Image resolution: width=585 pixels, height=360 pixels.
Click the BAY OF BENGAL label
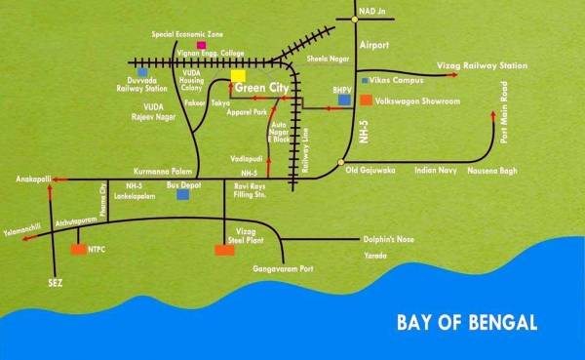467,323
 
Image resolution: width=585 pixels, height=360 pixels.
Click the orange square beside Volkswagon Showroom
365,100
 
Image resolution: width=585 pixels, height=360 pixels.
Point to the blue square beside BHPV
342,101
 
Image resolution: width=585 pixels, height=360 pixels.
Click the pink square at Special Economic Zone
201,45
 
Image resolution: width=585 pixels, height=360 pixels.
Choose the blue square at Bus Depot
182,195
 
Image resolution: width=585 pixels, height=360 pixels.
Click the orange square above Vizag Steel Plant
224,251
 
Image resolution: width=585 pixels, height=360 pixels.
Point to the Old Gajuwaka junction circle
340,162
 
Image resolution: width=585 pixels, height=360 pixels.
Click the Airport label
373,46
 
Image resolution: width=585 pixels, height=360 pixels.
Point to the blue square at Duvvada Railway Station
143,71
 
